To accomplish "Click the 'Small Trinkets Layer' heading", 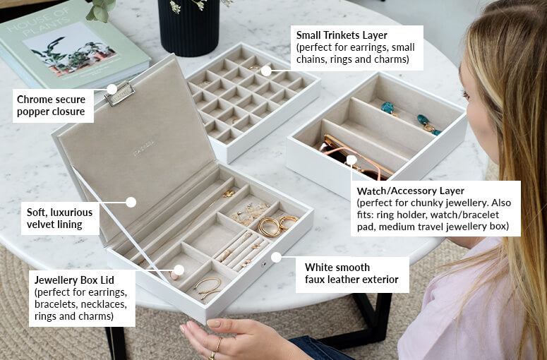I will (342, 35).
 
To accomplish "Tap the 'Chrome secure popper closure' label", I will (51, 105).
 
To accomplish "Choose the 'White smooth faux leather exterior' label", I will (351, 273).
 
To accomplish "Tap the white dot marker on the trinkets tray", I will (266, 71).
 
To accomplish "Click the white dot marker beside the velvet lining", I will (131, 202).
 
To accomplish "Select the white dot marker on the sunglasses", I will (351, 160).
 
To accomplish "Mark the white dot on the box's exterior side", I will (276, 257).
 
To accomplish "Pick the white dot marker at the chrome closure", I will (111, 89).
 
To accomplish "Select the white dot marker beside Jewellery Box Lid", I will (179, 270).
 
